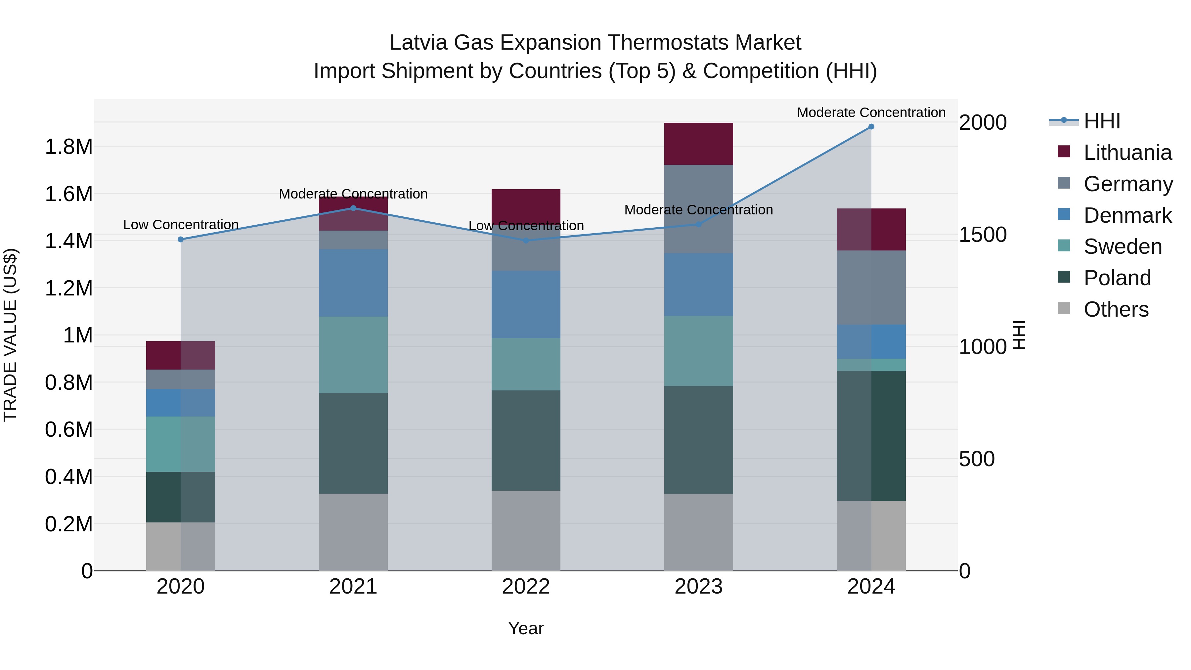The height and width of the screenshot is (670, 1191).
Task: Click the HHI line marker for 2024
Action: tap(871, 127)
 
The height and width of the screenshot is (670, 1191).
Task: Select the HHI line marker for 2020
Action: tap(181, 240)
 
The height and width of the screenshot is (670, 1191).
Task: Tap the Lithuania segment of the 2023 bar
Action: tap(699, 144)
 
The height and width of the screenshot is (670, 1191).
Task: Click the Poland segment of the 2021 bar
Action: tap(353, 443)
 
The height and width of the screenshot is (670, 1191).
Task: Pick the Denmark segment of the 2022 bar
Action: tap(526, 304)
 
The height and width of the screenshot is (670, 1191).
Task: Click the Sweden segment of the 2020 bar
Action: tap(181, 444)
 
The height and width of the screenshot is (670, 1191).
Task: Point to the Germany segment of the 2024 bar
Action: tap(871, 288)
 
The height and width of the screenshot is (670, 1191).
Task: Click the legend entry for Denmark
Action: tap(1127, 215)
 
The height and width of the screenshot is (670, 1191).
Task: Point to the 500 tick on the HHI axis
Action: tap(977, 459)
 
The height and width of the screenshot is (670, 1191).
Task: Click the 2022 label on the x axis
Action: tap(526, 587)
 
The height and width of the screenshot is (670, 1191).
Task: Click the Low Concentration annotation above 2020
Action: tap(181, 225)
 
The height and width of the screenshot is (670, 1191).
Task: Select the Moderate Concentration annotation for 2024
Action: tap(871, 112)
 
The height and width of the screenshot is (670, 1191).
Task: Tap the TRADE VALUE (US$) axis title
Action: tap(10, 335)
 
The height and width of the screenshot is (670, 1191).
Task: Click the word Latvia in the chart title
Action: tap(419, 43)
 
